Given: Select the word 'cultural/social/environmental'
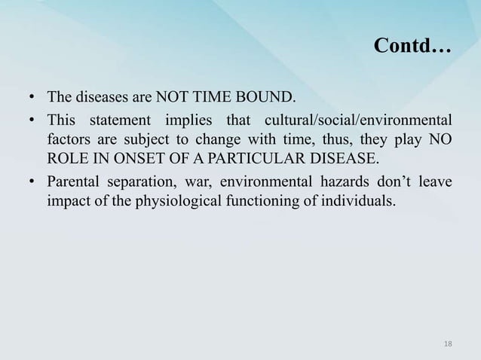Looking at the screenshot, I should coord(357,121).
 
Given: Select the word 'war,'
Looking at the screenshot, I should coord(190,183).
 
